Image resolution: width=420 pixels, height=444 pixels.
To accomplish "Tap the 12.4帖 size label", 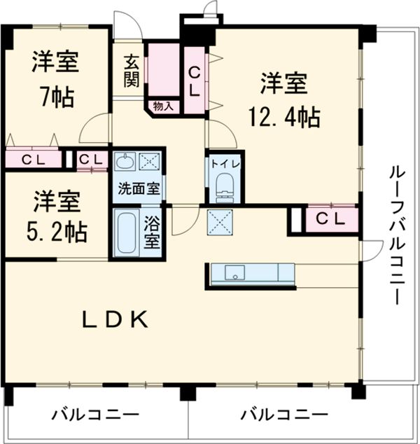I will [x=283, y=116].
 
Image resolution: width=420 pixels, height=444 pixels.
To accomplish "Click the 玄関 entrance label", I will [x=131, y=72].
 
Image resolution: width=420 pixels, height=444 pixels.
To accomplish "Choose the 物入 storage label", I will [x=163, y=106].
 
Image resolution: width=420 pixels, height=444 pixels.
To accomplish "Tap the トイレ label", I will [x=224, y=162].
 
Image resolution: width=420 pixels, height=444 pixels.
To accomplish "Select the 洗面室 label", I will [x=138, y=188].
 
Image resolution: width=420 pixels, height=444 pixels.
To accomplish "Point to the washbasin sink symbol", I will [x=126, y=163].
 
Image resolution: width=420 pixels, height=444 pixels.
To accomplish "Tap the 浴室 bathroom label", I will [x=152, y=233].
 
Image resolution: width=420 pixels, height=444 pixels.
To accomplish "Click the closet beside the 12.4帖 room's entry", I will [x=195, y=79].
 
